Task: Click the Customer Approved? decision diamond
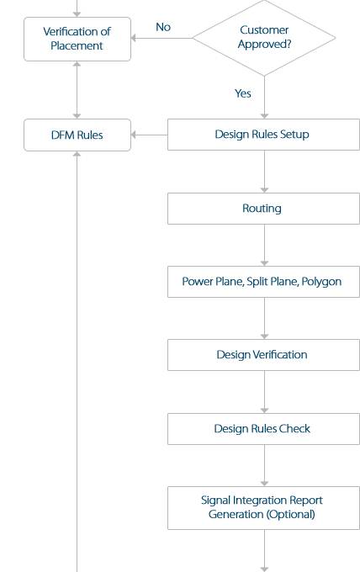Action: (264, 38)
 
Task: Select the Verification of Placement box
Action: (77, 39)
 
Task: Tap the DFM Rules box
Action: (77, 135)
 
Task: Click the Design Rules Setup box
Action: (263, 135)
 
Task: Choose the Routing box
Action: (263, 209)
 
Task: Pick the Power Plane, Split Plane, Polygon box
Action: (263, 282)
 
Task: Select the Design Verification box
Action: (263, 355)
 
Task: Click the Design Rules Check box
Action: (263, 429)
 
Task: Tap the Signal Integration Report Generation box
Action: (263, 507)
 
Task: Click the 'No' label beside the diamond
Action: (163, 27)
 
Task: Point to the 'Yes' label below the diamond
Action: (243, 93)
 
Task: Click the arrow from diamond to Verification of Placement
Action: (161, 38)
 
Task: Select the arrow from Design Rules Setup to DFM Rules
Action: (150, 135)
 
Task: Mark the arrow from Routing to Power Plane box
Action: (264, 245)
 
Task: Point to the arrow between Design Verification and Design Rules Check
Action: (264, 392)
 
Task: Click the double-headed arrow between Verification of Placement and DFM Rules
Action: (77, 89)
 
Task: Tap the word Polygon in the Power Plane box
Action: (321, 282)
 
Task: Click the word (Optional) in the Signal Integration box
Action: (290, 514)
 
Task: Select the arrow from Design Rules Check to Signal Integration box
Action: (264, 465)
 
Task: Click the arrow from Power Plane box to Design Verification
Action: (264, 318)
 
